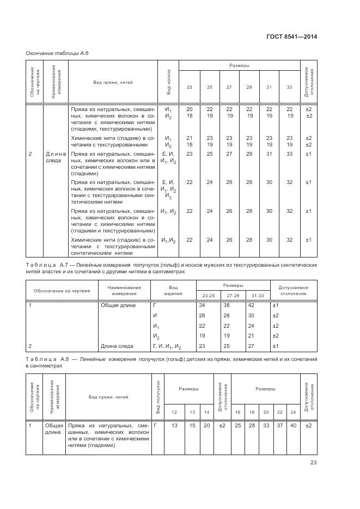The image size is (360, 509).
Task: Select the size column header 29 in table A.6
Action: [249, 87]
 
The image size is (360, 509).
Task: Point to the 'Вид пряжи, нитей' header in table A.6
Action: [113, 82]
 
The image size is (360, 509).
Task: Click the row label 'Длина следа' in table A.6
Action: [56, 157]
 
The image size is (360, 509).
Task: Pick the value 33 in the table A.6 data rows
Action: [290, 154]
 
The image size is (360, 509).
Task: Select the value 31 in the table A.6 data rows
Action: [269, 154]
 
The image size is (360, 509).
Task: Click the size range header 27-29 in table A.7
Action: [233, 295]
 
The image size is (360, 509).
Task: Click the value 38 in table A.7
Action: [228, 305]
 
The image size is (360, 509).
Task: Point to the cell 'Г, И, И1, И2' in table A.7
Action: [167, 346]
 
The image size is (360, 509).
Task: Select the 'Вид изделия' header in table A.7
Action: [173, 290]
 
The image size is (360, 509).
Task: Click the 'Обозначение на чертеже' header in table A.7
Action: [62, 290]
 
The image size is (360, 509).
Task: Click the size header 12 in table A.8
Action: [174, 413]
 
